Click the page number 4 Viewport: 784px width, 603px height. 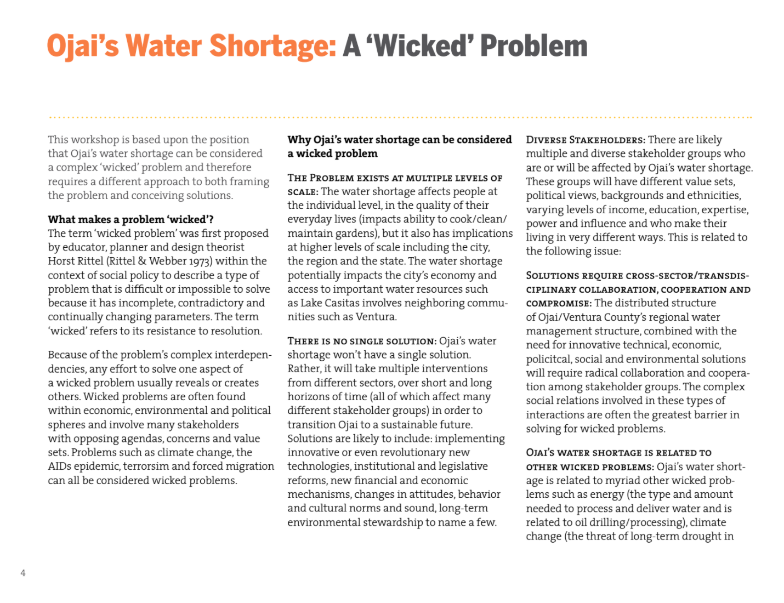[23, 573]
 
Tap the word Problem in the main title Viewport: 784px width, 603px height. [534, 46]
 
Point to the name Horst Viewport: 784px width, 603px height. [62, 261]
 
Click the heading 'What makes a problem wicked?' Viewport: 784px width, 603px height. [130, 220]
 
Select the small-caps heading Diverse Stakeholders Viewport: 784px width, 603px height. [586, 140]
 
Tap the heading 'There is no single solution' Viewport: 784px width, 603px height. [362, 341]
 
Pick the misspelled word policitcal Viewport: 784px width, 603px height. [549, 359]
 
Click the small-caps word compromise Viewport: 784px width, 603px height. [558, 303]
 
